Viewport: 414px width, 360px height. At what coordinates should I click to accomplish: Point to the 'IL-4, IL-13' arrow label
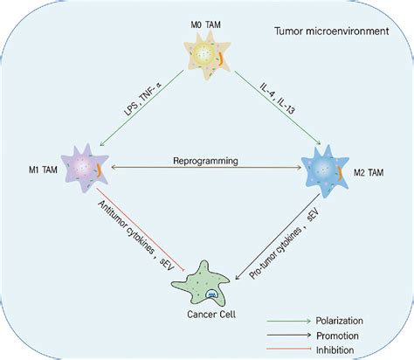[x=279, y=103]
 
